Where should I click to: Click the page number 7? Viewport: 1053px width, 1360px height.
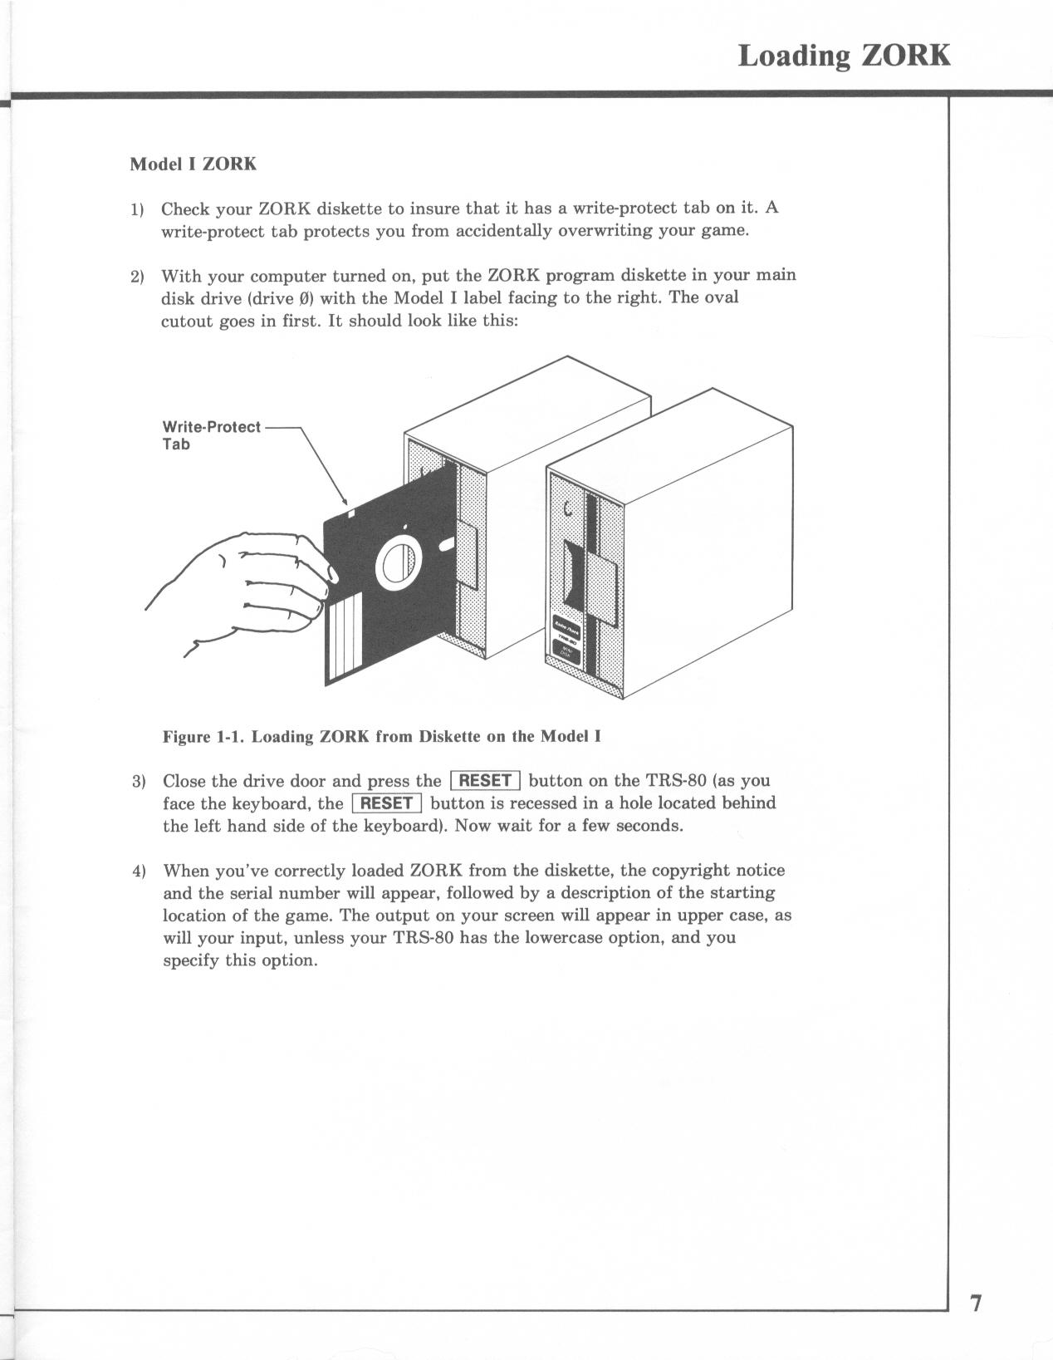tap(976, 1303)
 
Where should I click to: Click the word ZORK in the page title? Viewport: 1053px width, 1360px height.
tap(906, 56)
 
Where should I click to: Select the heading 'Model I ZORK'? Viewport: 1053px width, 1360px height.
tap(193, 164)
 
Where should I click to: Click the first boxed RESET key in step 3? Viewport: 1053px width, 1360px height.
tap(485, 780)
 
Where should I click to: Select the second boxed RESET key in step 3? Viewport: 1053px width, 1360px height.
tap(388, 803)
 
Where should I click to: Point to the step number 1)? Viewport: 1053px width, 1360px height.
tap(137, 209)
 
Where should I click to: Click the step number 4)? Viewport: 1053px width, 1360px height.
tap(139, 871)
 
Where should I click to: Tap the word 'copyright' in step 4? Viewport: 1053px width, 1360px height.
tap(691, 871)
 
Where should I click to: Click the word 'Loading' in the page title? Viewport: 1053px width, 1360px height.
tap(795, 56)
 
